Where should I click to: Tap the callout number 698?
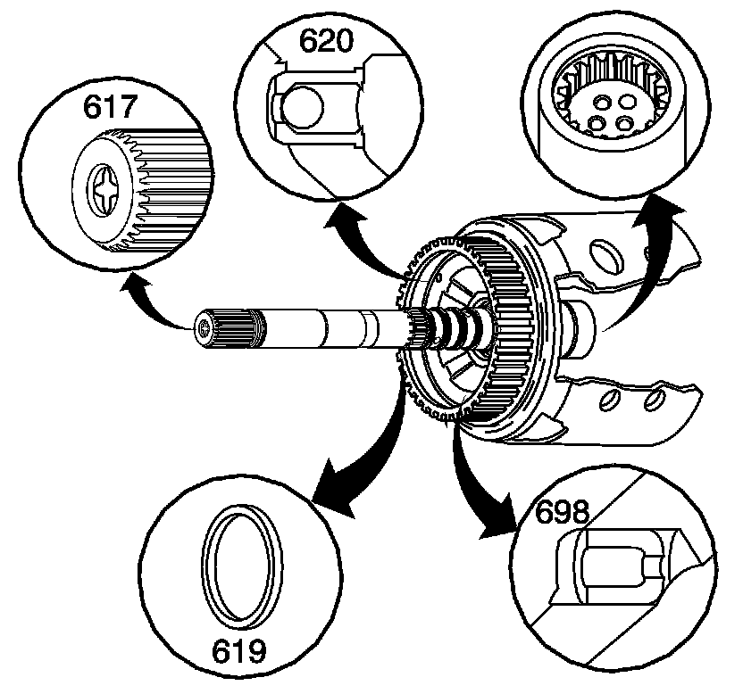tap(563, 513)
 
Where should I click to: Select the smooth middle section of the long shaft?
tap(321, 326)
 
